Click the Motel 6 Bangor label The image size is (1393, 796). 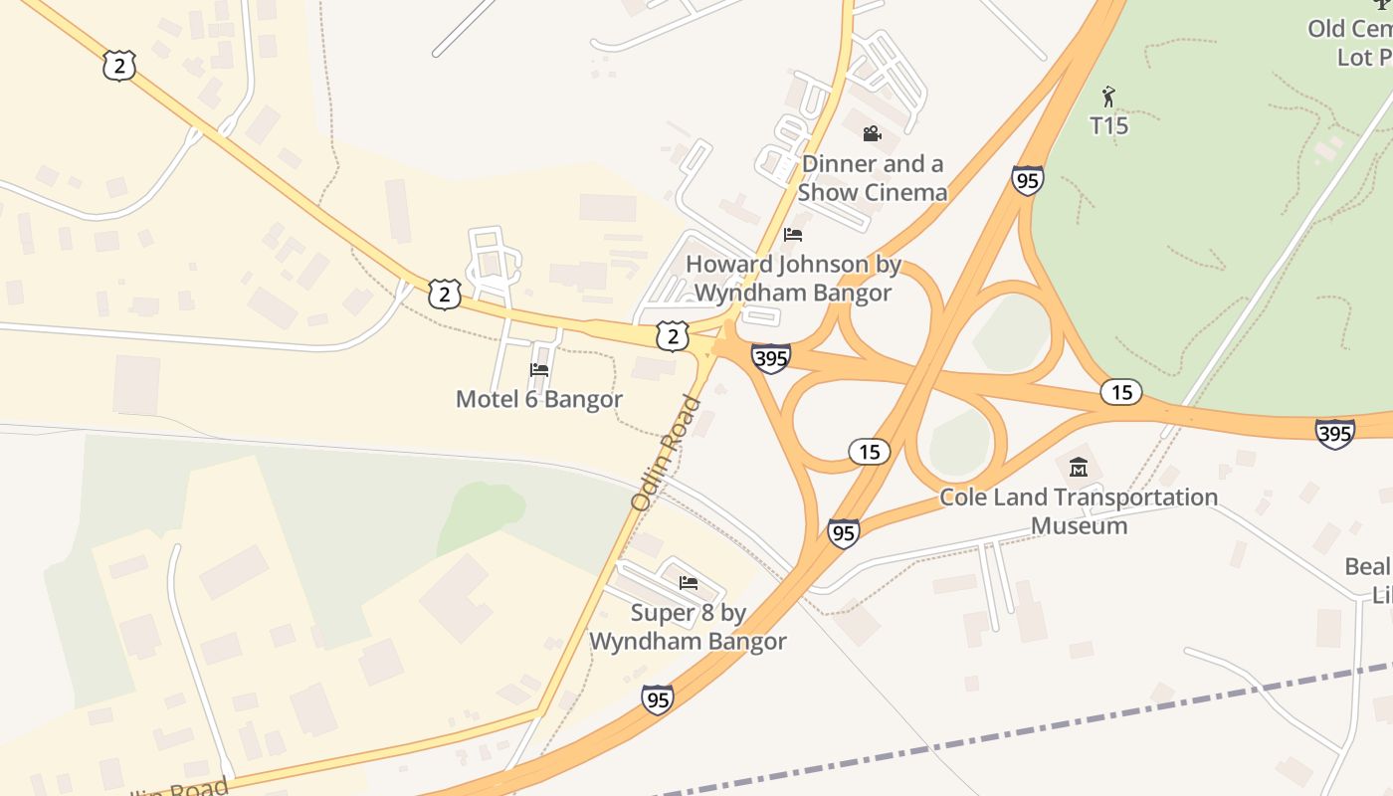tap(538, 399)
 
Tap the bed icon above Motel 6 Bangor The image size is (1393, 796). tap(539, 369)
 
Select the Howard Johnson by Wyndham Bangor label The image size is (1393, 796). tap(793, 279)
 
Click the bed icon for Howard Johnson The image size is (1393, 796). tap(793, 235)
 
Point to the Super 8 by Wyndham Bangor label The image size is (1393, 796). tap(688, 627)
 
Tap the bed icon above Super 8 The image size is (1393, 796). tap(688, 582)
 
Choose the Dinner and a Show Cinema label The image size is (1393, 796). tap(872, 178)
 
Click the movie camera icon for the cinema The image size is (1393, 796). tap(872, 133)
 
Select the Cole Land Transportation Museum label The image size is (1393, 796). tap(1079, 510)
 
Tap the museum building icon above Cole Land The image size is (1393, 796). tap(1079, 467)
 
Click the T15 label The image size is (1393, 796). tap(1108, 125)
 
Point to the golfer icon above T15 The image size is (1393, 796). tap(1108, 97)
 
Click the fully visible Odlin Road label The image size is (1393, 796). tap(667, 454)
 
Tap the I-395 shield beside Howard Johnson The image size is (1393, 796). tap(771, 358)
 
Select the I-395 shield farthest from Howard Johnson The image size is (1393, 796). tap(1334, 434)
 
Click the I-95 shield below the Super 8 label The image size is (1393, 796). tap(657, 699)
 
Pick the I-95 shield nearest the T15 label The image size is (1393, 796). tap(1027, 180)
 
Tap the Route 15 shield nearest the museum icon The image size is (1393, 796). tap(1121, 392)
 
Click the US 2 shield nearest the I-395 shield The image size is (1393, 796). tap(673, 336)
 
